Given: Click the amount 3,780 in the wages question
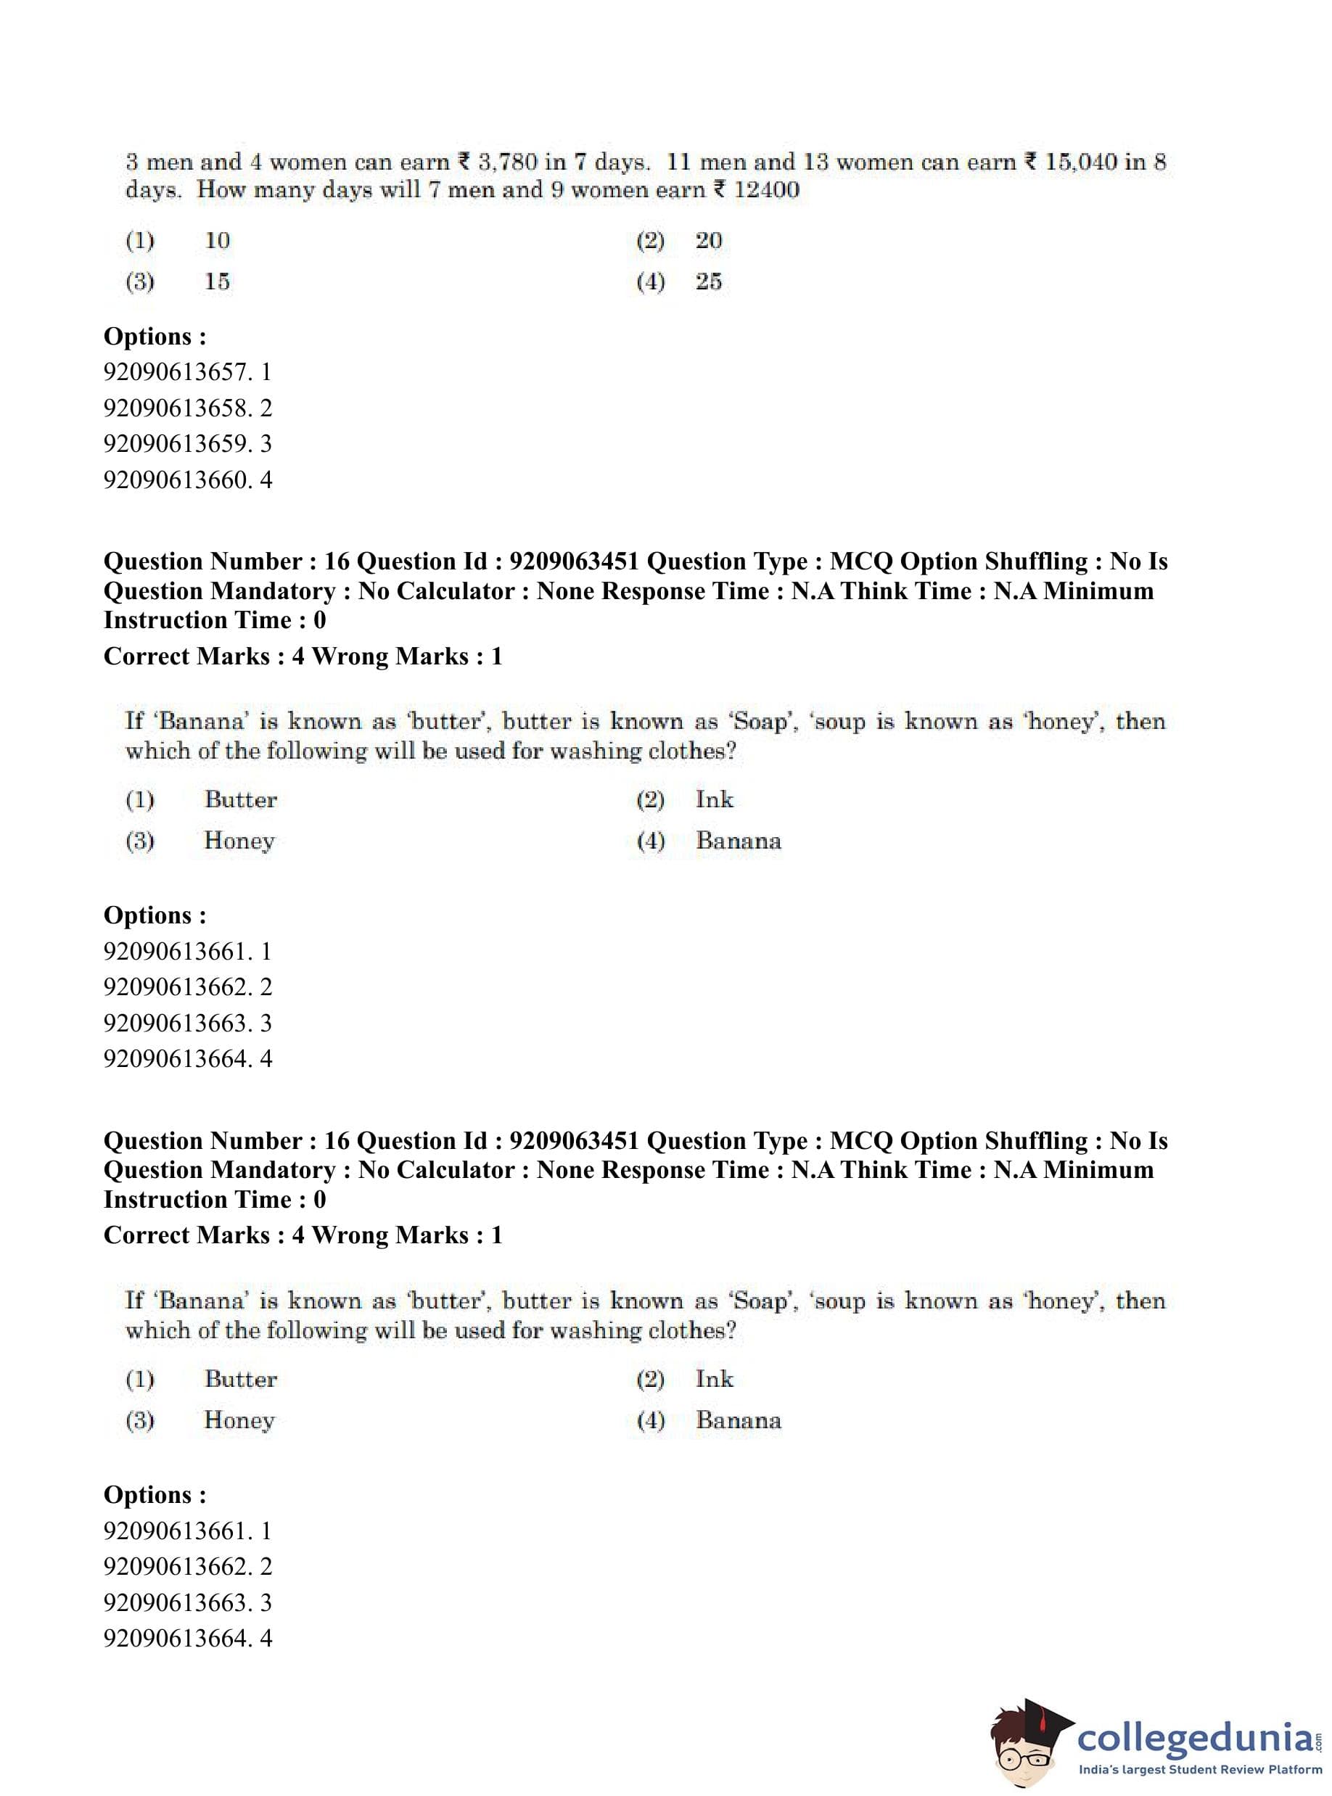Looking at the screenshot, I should [507, 162].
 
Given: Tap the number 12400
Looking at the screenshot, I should [766, 190].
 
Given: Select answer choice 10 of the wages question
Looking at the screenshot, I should [217, 240].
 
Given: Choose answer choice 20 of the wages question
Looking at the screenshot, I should [709, 240].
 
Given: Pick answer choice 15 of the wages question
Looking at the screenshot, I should [217, 281].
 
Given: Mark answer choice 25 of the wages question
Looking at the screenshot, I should [709, 281].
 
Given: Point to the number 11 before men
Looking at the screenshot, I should [679, 162].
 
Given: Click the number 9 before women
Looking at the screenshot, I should [556, 190].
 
